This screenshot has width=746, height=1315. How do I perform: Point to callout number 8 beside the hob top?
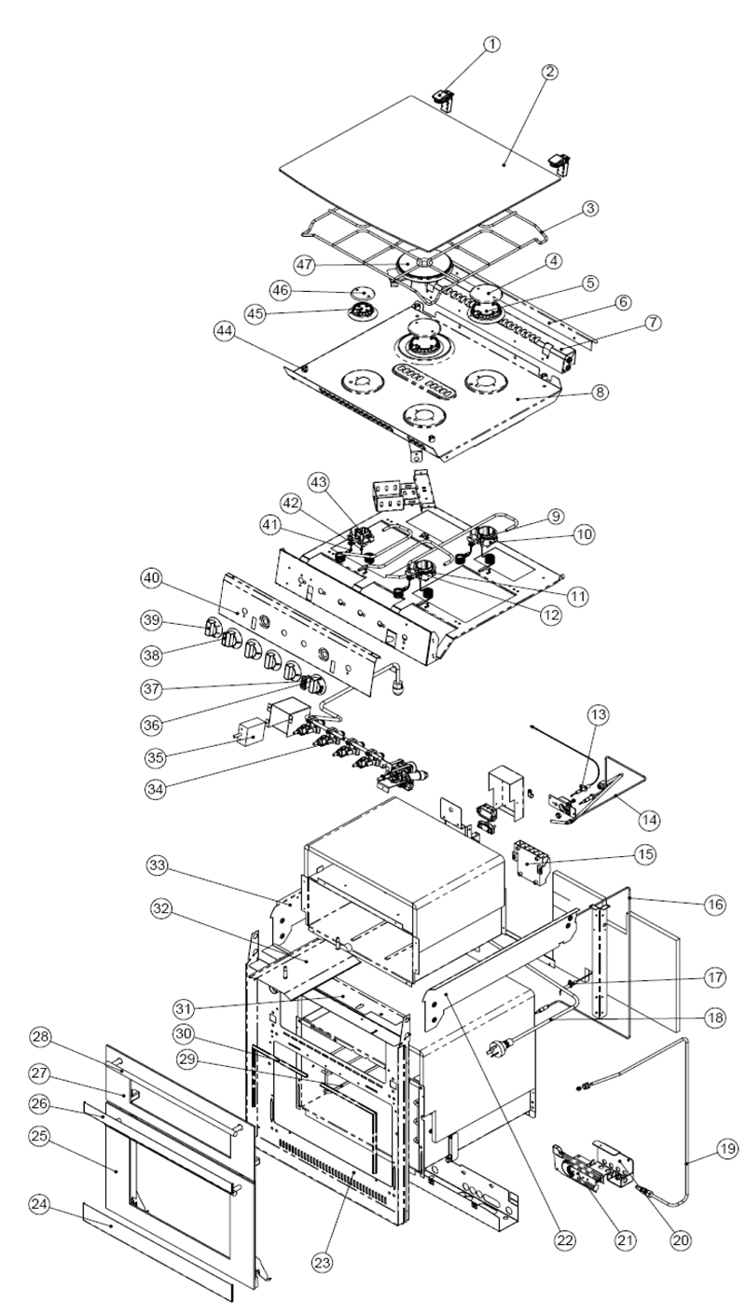tap(599, 392)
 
